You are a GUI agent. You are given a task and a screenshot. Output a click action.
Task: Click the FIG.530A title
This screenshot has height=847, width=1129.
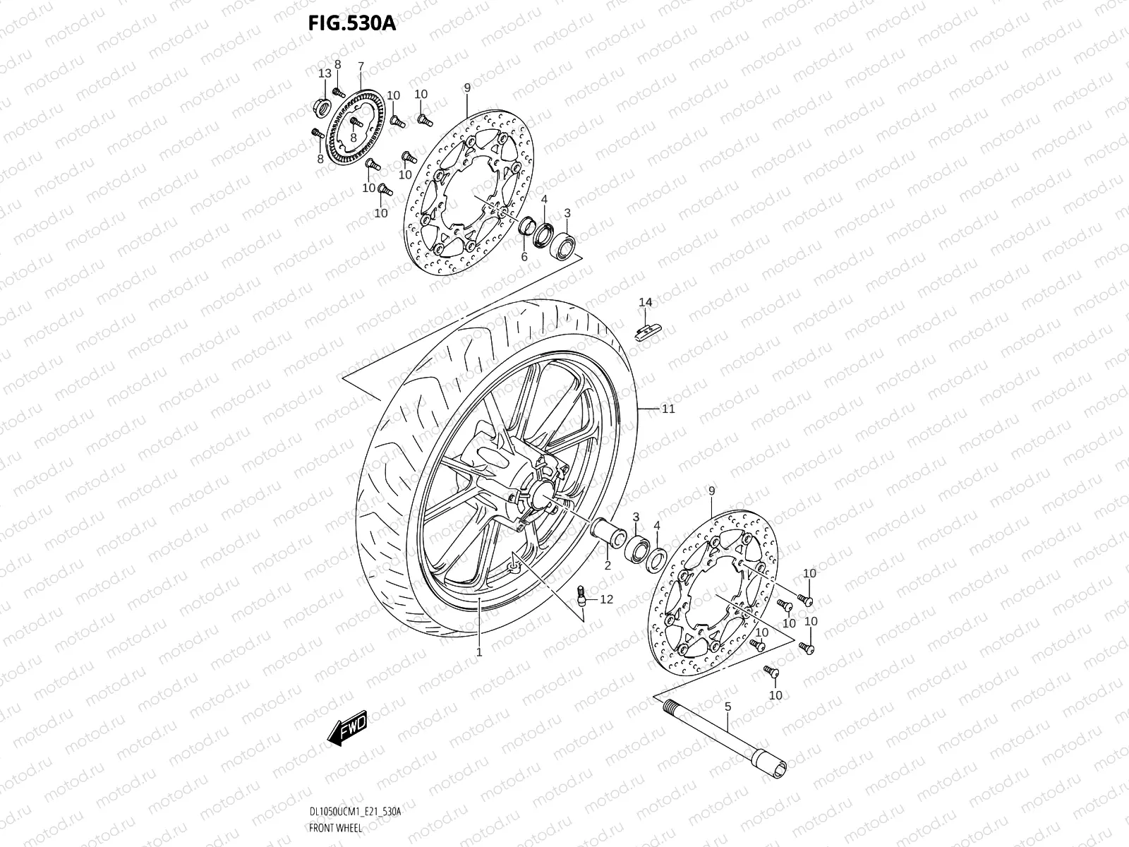(352, 23)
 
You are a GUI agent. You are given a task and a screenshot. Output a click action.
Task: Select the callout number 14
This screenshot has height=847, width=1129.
(646, 303)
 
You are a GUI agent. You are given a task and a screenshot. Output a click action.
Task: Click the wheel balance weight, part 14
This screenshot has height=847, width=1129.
(649, 330)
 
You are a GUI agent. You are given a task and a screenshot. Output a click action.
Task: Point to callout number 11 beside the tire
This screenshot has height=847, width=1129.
(668, 409)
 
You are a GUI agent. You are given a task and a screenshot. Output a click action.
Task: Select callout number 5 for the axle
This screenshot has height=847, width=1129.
(727, 705)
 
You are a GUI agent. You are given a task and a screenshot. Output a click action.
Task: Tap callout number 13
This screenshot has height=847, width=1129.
(325, 74)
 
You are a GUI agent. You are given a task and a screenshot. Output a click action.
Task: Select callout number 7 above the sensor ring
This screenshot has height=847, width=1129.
(361, 67)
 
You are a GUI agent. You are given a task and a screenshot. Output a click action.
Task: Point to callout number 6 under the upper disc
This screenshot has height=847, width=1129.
(524, 257)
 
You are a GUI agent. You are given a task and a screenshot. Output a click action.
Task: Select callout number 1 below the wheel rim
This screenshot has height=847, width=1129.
(479, 652)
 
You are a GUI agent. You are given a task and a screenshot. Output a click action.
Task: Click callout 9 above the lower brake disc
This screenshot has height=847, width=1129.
(711, 491)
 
